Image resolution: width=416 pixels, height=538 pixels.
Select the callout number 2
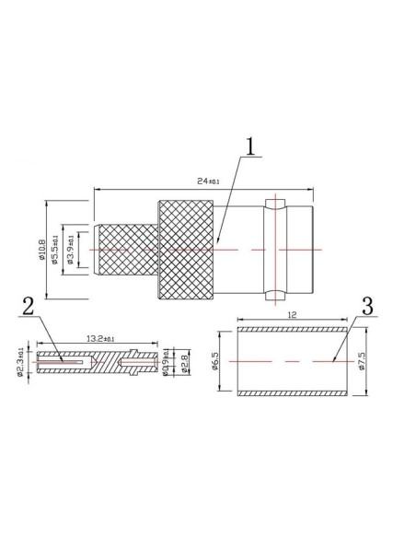click(29, 308)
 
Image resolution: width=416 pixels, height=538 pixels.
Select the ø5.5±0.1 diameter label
click(57, 250)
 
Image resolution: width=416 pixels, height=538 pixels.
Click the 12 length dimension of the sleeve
click(293, 315)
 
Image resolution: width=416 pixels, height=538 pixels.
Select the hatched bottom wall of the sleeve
click(293, 393)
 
